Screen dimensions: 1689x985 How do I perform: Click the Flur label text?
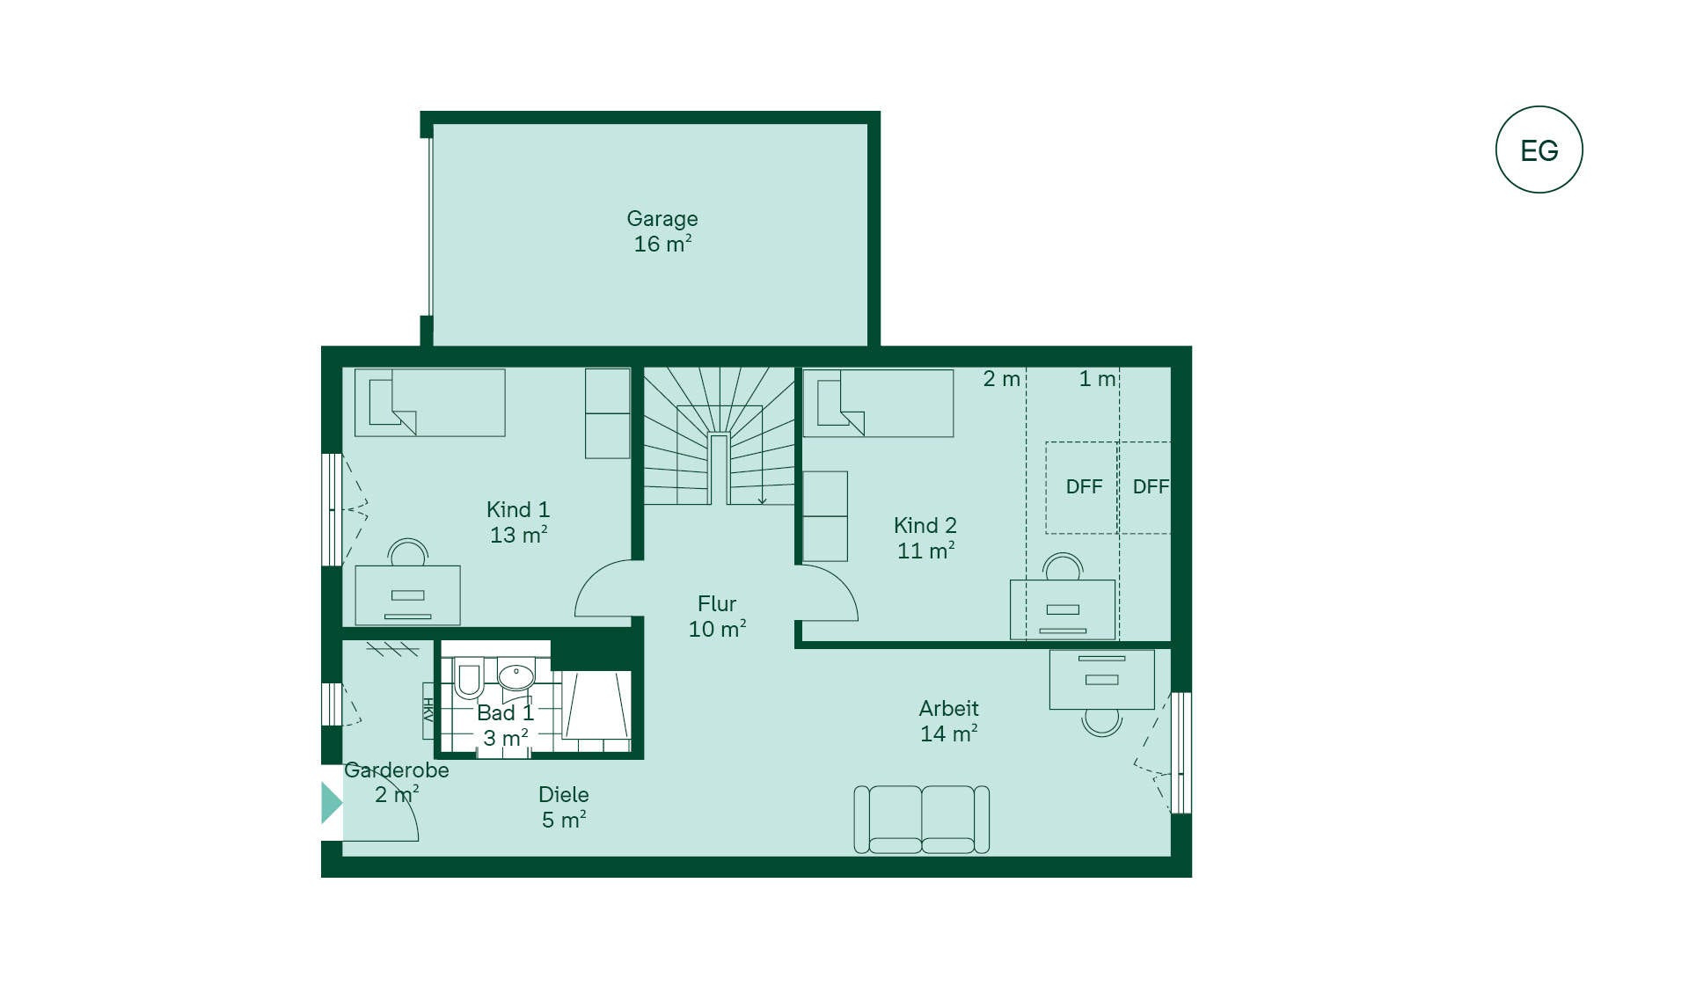tap(717, 603)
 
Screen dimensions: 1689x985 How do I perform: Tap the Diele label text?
tap(564, 794)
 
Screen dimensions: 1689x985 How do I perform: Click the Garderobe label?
tap(397, 770)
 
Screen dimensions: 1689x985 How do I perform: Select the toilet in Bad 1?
tap(468, 677)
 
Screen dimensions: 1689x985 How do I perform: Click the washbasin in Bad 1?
tap(516, 675)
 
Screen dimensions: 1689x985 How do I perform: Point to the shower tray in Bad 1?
tap(597, 705)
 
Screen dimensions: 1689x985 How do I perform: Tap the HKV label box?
tap(428, 711)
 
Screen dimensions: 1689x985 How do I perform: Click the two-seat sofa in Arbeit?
tap(922, 820)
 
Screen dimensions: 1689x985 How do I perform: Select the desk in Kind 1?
tap(407, 595)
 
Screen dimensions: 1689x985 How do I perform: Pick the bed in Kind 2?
tap(878, 403)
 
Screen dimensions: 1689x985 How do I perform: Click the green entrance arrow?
tap(332, 803)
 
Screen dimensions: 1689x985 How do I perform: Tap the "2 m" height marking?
tap(1001, 379)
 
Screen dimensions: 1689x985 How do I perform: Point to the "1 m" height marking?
tap(1097, 379)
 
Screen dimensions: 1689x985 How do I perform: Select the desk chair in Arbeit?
tap(1101, 723)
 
